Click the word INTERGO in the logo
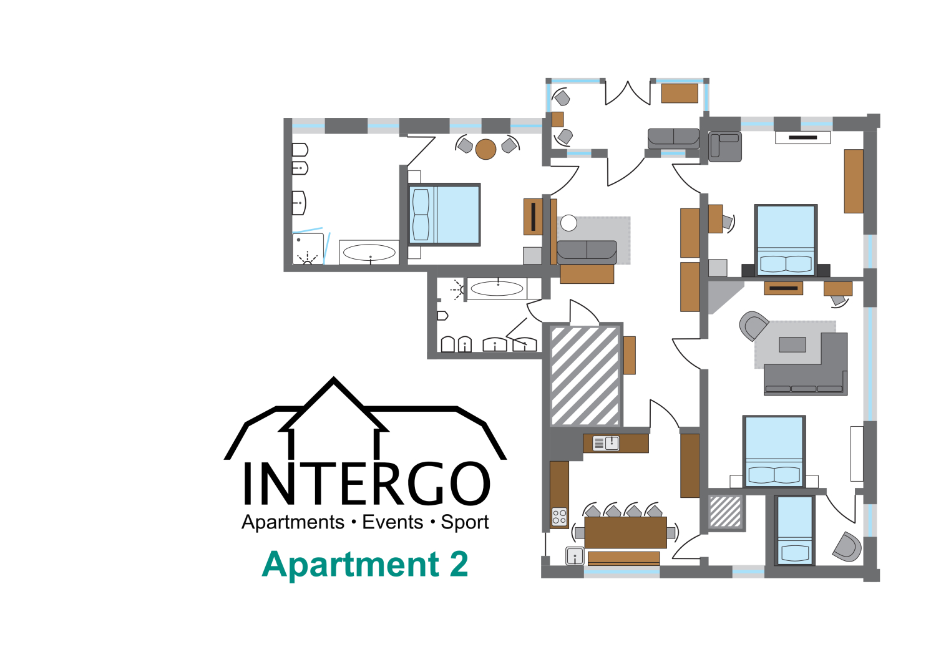[366, 484]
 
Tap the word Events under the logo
[392, 522]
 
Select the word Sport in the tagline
[465, 522]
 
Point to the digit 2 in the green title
[459, 565]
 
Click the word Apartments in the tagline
[293, 522]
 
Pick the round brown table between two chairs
[485, 149]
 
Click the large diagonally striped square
[585, 376]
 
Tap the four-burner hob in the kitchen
[559, 517]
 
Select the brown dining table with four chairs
[625, 532]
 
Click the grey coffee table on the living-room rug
[792, 344]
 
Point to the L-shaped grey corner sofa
[811, 371]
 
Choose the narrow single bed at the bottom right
[794, 530]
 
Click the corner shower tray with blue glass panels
[308, 248]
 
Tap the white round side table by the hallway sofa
[568, 222]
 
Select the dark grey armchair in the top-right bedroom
[725, 147]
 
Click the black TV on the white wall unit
[802, 137]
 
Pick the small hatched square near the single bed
[726, 512]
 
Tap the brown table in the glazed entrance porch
[680, 93]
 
